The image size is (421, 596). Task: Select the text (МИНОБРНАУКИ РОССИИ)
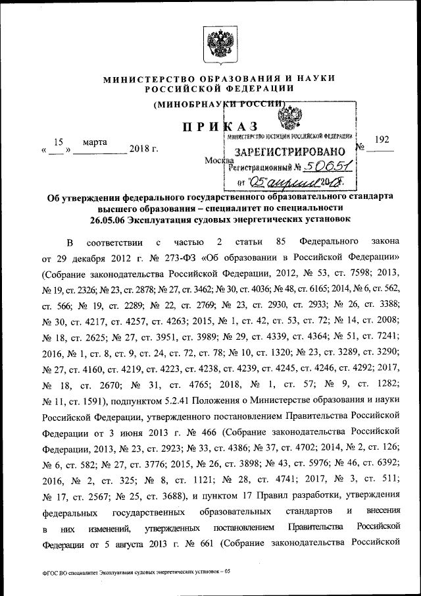(219, 103)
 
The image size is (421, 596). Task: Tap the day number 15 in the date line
(58, 142)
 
